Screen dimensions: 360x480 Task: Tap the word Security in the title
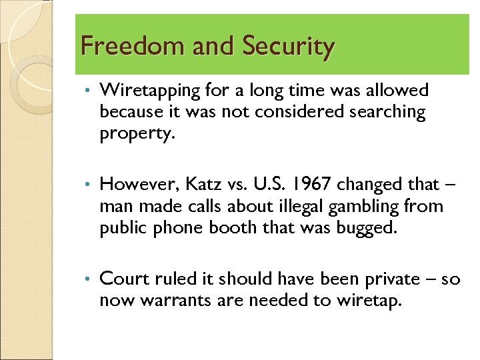288,47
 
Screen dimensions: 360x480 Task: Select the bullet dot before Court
89,279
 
